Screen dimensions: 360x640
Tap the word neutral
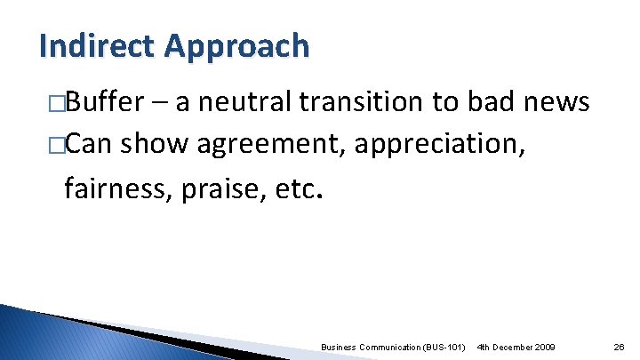click(248, 103)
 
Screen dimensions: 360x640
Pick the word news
click(556, 103)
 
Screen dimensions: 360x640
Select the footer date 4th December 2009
click(516, 346)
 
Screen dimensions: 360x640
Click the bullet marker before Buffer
click(58, 104)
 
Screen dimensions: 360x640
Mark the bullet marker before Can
click(58, 143)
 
